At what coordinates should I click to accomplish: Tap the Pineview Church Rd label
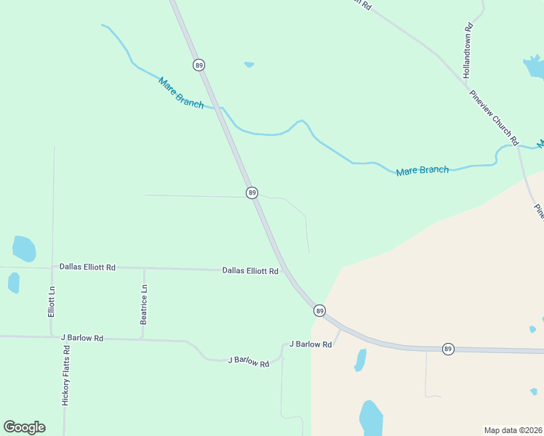click(494, 117)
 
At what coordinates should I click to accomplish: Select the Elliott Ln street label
click(52, 301)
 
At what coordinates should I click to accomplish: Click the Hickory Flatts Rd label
click(65, 375)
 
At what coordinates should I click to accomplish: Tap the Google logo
click(24, 427)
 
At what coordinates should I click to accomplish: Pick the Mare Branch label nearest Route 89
click(181, 92)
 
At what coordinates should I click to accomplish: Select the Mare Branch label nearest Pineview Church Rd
click(422, 171)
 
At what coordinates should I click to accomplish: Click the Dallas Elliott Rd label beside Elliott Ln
click(87, 267)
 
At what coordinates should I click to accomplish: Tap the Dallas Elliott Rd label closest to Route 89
click(250, 271)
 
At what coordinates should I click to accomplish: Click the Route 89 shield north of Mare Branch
click(199, 65)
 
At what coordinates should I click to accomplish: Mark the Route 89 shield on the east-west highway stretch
click(448, 349)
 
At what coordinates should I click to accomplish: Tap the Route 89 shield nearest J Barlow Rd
click(319, 311)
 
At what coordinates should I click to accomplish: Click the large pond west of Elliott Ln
click(24, 249)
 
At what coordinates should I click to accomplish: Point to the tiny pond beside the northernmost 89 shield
click(249, 65)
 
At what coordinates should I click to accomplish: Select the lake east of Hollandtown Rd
click(535, 67)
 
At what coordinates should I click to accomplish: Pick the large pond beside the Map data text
click(371, 418)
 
